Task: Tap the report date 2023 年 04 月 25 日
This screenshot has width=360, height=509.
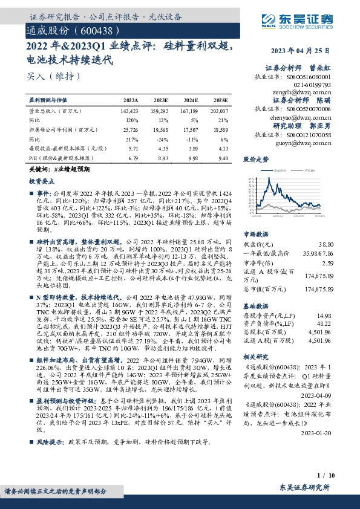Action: (307, 50)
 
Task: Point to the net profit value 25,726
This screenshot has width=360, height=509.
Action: (131, 129)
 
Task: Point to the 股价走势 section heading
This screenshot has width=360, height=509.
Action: (255, 160)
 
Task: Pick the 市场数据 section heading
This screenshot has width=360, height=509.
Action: (255, 233)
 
